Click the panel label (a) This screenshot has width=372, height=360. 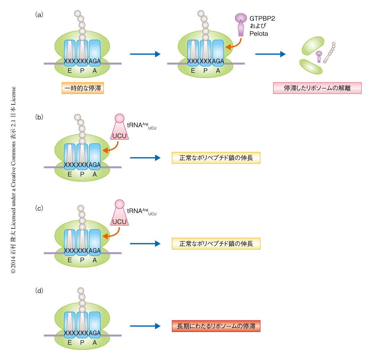[39, 14]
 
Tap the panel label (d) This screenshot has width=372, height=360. [39, 291]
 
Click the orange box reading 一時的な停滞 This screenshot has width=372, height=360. [83, 88]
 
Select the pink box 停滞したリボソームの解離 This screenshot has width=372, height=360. [317, 88]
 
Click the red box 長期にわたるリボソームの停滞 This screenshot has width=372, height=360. [216, 326]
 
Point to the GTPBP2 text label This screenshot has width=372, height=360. [262, 18]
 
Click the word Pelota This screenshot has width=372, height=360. [259, 34]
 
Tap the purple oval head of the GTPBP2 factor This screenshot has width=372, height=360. [241, 17]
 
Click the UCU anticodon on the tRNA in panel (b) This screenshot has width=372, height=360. [119, 136]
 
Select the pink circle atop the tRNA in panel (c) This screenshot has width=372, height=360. [120, 204]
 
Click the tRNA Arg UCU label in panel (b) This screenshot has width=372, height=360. [141, 125]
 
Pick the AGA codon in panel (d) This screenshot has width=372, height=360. [95, 333]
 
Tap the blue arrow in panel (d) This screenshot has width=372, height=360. [145, 326]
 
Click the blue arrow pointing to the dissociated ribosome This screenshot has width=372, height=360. [270, 54]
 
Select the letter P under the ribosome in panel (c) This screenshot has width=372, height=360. [82, 260]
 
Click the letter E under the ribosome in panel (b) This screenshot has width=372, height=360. [70, 174]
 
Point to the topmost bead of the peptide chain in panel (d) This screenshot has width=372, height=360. [81, 291]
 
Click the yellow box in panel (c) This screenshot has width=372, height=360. [216, 244]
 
